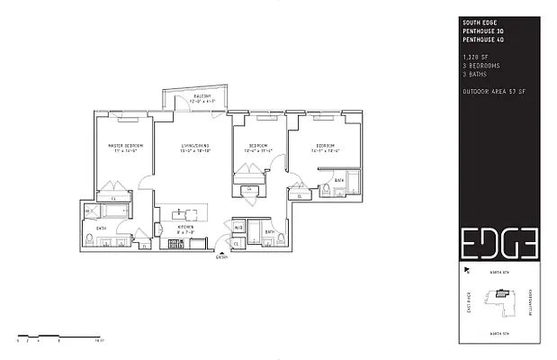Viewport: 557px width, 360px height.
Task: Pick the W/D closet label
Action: point(238,228)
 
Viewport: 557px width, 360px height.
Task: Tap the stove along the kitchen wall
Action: point(180,242)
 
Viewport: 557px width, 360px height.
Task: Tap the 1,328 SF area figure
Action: point(473,56)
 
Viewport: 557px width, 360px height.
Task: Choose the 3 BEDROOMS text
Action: point(478,65)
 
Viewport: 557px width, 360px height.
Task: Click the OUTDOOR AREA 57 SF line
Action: point(492,91)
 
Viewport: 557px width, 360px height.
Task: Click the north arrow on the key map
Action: point(466,270)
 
